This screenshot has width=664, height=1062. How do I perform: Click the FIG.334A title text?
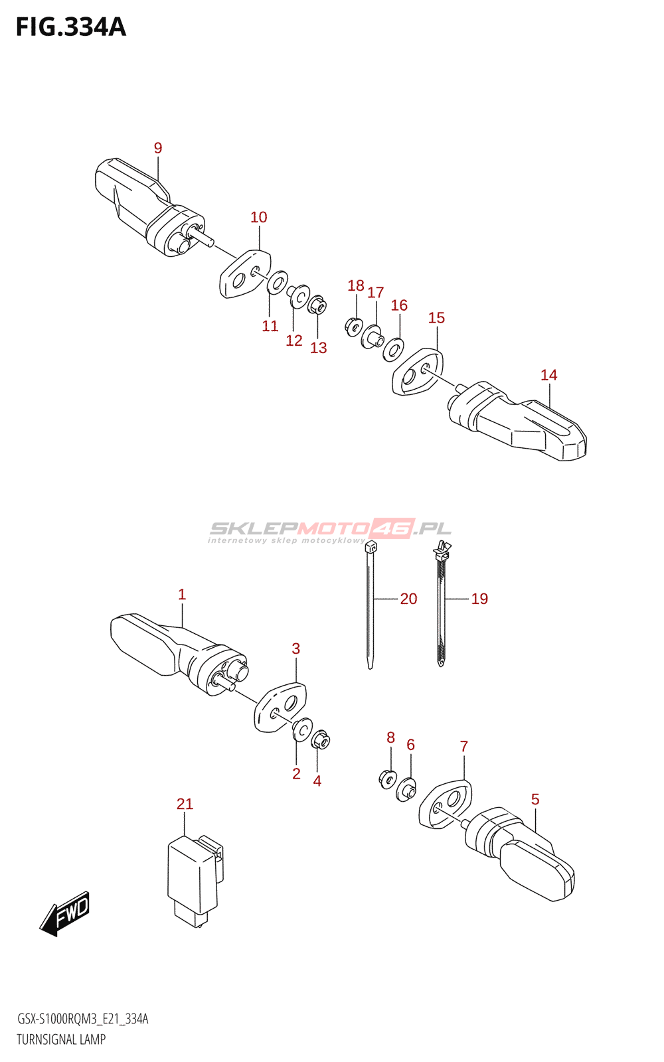[x=70, y=27]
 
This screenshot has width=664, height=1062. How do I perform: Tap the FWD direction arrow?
[x=65, y=913]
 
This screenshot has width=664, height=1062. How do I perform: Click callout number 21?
[x=185, y=804]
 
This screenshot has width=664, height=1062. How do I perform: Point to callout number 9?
[x=158, y=148]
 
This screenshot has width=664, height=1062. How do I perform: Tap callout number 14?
[x=548, y=375]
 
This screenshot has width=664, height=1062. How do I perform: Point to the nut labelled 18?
[x=354, y=326]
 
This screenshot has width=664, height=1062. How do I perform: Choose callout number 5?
[x=535, y=799]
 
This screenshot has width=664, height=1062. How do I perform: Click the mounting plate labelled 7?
[x=446, y=804]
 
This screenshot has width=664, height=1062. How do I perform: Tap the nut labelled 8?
[x=388, y=777]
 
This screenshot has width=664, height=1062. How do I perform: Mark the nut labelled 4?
[x=320, y=739]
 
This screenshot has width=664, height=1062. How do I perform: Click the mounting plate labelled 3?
[x=280, y=708]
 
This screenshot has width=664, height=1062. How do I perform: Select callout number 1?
[x=182, y=595]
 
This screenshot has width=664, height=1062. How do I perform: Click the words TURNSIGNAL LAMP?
[x=61, y=1039]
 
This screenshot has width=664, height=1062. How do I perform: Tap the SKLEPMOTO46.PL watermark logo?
[x=330, y=530]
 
